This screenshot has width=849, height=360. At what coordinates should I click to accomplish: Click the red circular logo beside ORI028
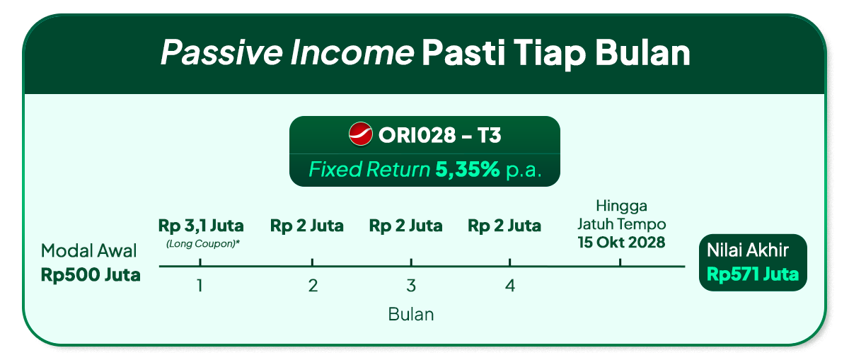coord(360,134)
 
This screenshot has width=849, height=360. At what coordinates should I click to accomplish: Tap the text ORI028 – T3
coord(439,135)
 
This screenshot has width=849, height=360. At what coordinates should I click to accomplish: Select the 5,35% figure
coord(468,169)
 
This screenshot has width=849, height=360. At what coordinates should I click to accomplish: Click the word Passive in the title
coord(221,52)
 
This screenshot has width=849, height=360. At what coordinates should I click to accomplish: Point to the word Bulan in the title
coord(642,52)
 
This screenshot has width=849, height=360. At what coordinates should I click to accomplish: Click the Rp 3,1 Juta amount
coord(201,226)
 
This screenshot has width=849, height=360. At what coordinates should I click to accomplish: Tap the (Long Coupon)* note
coord(203,244)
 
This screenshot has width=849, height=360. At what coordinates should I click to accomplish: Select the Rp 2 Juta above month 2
coord(306,226)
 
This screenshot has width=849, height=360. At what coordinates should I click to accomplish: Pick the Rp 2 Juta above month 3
coord(405,226)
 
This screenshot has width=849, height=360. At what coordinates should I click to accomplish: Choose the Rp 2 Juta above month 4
coord(504,226)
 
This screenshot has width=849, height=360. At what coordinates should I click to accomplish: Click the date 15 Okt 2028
coord(621,243)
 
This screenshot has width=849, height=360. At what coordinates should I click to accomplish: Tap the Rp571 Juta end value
coord(753,274)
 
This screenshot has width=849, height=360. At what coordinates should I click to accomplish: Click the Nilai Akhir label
coord(747,250)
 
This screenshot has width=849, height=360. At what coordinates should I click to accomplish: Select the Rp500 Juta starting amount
coord(91,275)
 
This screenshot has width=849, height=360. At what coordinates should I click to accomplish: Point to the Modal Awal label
coord(88,251)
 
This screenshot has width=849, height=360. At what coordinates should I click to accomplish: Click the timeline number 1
coord(200,286)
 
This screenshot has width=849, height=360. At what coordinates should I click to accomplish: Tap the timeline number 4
coord(510,286)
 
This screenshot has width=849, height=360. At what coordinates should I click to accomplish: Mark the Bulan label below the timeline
coord(411,315)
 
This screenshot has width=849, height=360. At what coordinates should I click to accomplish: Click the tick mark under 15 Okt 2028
coord(620,262)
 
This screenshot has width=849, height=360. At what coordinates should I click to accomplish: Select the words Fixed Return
coord(369,169)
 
